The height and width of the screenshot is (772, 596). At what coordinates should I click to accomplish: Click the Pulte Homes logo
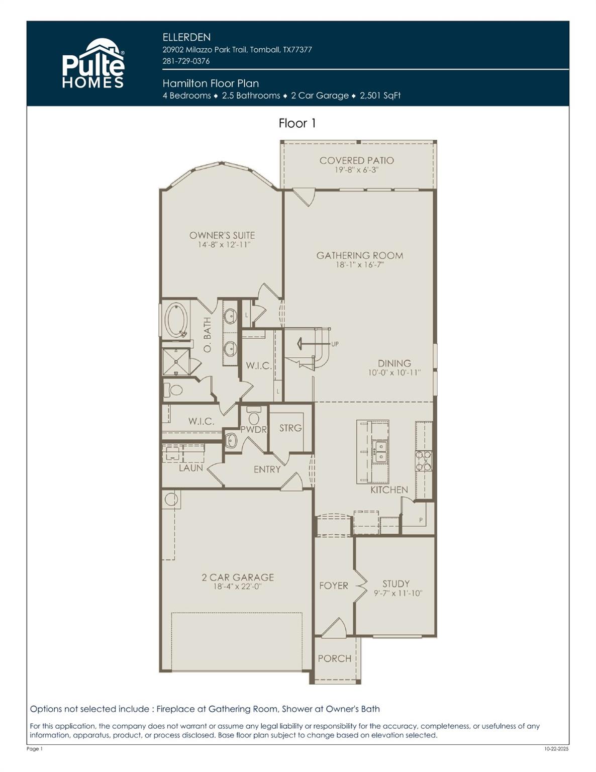93,64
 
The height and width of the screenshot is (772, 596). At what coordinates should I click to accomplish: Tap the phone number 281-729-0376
186,61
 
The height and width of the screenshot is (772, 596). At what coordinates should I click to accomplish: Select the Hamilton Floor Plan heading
211,83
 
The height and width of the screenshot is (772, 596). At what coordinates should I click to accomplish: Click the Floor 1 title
297,123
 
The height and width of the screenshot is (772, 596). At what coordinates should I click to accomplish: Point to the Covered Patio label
356,160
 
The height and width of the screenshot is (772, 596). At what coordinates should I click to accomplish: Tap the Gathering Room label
359,255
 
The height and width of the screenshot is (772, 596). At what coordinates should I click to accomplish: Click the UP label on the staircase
335,344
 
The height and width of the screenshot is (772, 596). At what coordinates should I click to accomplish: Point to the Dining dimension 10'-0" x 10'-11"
394,373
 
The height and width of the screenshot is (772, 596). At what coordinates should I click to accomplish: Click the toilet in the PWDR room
254,417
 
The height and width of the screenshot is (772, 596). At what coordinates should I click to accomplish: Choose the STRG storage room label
290,428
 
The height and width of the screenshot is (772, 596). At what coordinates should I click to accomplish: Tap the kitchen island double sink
380,451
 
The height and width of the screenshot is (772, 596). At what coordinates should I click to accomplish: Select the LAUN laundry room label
191,468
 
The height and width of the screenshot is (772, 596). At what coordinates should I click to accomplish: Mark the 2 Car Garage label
238,577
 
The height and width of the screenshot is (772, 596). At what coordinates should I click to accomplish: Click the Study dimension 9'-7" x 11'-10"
398,593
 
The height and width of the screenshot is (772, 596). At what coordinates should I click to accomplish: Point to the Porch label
334,658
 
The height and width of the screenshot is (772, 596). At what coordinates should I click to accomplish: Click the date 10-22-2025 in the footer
556,749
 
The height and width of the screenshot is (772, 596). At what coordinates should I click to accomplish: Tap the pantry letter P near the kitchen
421,521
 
